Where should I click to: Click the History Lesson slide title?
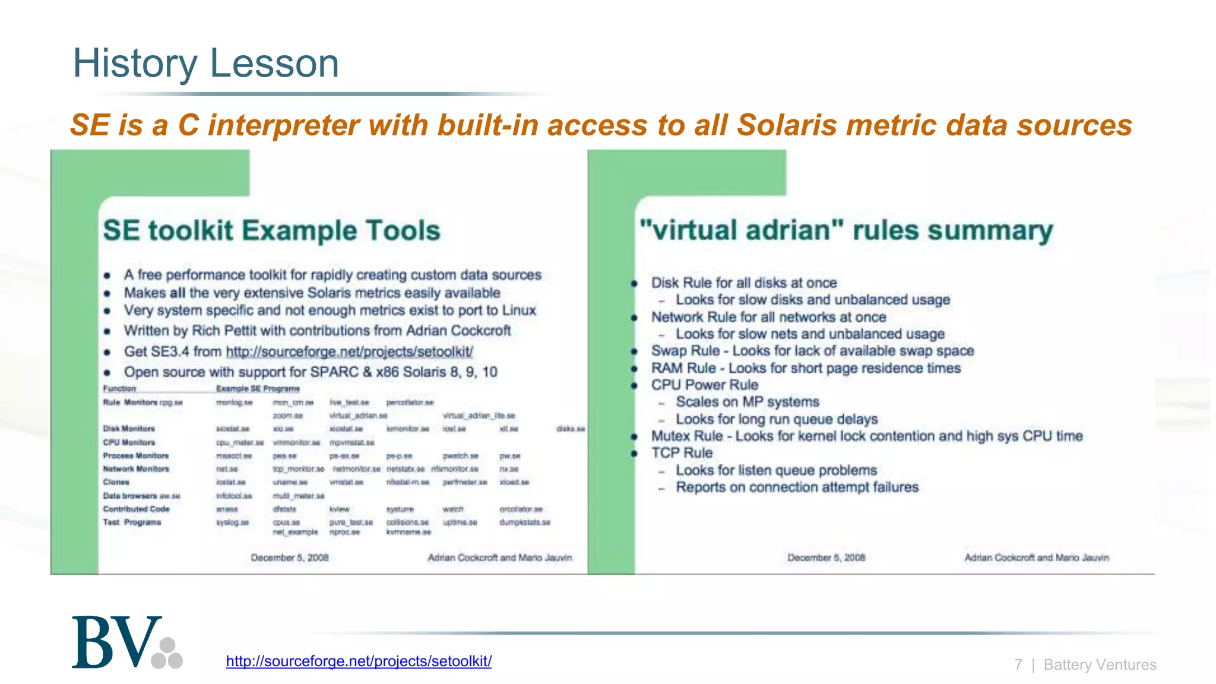(x=205, y=63)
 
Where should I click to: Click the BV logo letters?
(x=116, y=642)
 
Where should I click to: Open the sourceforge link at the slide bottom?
(x=359, y=661)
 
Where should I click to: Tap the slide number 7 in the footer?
(x=1018, y=664)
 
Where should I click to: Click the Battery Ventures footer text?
(x=1100, y=664)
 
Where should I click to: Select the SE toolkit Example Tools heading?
(x=271, y=230)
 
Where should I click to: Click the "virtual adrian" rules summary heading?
(x=846, y=230)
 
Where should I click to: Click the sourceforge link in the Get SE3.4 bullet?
(x=349, y=351)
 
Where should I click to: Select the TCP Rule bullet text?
(x=682, y=453)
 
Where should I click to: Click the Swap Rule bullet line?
(x=812, y=351)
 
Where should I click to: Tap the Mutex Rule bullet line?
(x=866, y=436)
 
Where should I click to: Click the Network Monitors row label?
(x=136, y=469)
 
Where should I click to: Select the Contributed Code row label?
(x=136, y=509)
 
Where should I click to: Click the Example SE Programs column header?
(x=258, y=389)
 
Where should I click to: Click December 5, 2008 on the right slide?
(x=826, y=558)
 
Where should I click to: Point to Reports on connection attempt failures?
(x=797, y=487)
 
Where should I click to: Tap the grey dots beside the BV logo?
(x=167, y=654)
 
